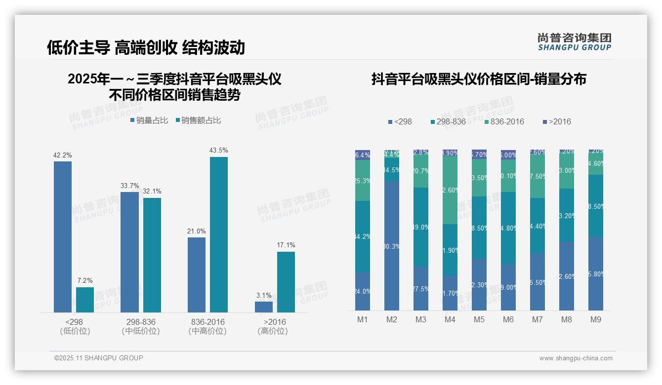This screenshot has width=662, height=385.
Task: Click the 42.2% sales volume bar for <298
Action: tap(63, 237)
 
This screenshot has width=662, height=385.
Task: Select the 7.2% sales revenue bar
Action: tap(85, 300)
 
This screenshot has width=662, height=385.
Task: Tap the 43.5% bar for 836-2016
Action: tap(219, 234)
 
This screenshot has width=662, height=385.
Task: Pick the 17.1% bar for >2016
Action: tap(286, 282)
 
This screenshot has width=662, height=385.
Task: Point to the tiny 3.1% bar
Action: tap(264, 307)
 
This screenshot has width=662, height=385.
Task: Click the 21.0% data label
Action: tap(197, 231)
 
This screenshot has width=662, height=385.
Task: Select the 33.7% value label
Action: tap(130, 186)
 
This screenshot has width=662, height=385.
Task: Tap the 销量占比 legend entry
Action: tap(149, 120)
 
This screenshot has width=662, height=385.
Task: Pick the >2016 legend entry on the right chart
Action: tap(557, 121)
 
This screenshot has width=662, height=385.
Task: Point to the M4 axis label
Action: tap(450, 319)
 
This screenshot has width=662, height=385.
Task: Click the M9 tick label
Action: tap(596, 319)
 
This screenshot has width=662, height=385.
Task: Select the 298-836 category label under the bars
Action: tap(141, 322)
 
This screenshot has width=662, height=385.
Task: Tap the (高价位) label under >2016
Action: tap(272, 331)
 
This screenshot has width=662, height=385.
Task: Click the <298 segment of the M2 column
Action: tap(392, 245)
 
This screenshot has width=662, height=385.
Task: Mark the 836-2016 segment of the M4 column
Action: tap(450, 190)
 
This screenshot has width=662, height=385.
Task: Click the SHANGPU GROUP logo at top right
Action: tap(574, 41)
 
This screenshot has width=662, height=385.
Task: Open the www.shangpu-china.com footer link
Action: tap(576, 358)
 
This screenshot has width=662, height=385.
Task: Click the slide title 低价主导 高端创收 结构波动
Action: tap(146, 47)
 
